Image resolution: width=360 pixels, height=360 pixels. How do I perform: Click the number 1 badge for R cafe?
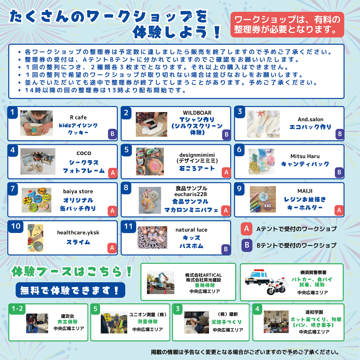tap(13, 112)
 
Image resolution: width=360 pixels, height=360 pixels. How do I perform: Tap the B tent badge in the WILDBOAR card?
tap(226, 134)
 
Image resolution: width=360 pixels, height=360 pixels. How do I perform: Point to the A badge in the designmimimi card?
tap(226, 173)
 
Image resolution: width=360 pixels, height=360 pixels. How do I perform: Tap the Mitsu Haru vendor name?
tap(305, 156)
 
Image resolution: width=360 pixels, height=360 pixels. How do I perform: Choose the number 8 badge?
tap(126, 188)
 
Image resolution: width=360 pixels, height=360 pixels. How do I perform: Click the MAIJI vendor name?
tap(305, 191)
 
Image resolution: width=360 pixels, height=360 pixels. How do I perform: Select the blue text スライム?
tap(78, 242)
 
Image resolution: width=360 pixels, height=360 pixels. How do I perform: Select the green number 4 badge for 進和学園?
tap(258, 309)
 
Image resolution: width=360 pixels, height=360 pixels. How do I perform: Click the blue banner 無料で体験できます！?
tap(70, 290)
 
